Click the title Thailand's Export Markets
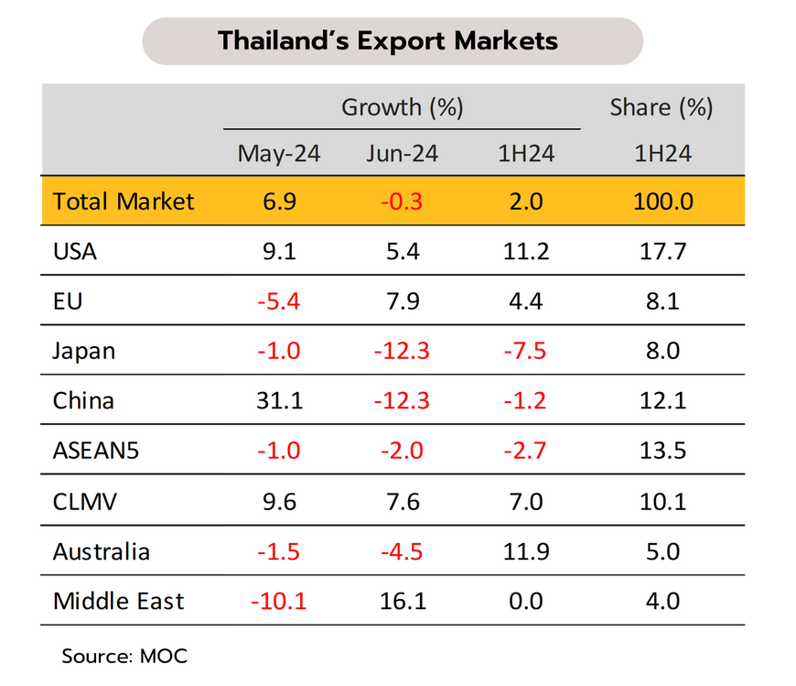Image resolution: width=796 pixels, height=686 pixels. (x=388, y=41)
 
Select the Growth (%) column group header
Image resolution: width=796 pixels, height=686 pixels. (x=403, y=107)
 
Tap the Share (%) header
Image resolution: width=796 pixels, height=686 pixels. (x=662, y=107)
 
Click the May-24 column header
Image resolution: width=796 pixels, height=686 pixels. (x=279, y=154)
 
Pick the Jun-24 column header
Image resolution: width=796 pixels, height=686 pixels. (x=402, y=154)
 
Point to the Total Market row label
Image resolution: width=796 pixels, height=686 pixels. (x=124, y=201)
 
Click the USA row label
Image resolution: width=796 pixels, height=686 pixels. (x=75, y=250)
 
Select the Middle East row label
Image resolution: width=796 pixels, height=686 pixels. (x=119, y=601)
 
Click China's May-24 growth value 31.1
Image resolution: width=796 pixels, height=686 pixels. (x=279, y=401)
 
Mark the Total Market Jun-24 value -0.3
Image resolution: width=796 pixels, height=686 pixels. (x=402, y=201)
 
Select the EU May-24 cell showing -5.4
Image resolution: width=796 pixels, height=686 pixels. (x=279, y=300)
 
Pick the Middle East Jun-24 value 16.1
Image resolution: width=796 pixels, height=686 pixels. (x=402, y=601)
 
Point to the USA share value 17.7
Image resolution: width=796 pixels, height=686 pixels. (x=662, y=250)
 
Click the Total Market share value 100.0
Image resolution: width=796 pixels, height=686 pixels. (x=662, y=201)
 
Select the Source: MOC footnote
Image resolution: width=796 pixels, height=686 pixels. (x=124, y=656)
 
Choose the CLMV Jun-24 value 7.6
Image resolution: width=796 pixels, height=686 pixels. (x=402, y=501)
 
